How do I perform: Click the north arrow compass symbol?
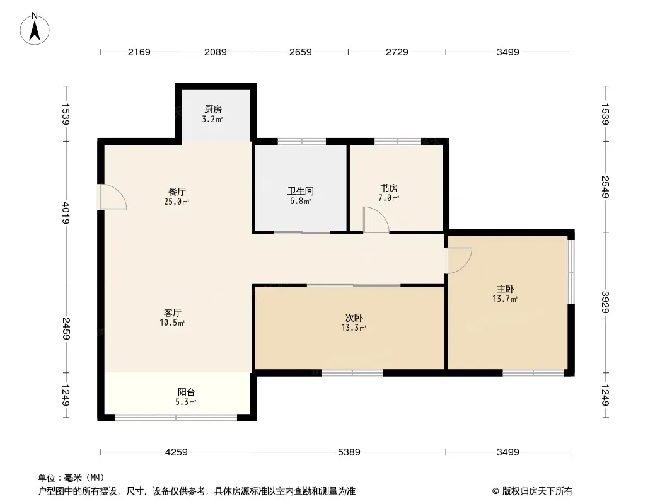point(35,29)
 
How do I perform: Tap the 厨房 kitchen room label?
point(213,109)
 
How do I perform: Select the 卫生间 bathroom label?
point(301,191)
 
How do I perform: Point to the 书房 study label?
point(389,188)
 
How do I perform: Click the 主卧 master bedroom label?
point(506,289)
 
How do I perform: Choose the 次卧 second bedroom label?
point(354,318)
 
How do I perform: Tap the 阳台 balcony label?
point(186,392)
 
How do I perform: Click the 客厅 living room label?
point(172,312)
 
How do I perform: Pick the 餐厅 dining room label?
point(177,192)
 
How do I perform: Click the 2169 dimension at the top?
point(139,52)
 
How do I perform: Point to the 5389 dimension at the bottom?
point(349,452)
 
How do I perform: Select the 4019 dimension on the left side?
point(66,213)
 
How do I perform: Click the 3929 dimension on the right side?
point(605,302)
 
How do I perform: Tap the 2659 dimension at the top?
point(301,52)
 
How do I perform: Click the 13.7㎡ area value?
point(506,299)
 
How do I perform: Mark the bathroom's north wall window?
point(302,141)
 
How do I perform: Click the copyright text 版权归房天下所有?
point(537,491)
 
